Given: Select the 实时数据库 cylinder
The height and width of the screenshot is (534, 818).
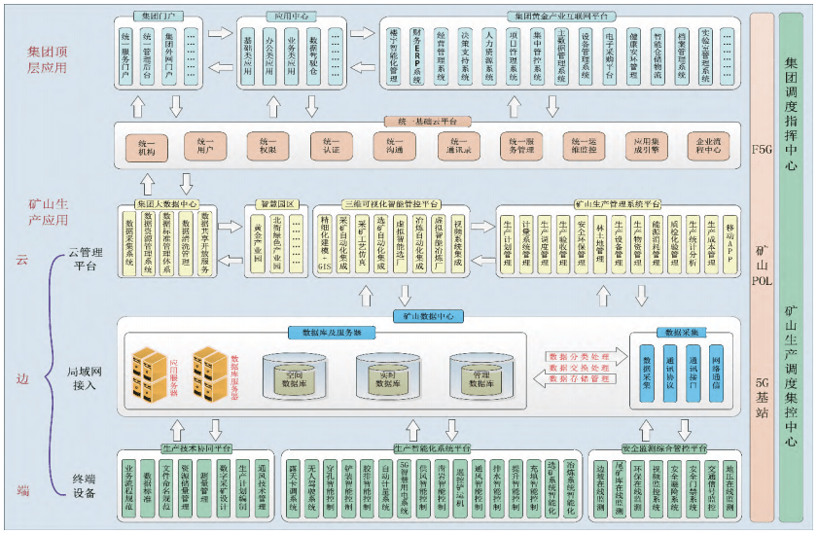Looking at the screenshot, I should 388,374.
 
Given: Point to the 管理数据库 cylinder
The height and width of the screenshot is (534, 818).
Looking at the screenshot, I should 480,374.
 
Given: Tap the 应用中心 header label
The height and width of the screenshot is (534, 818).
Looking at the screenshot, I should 290,17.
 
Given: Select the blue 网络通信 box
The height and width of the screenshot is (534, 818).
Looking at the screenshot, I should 716,373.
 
